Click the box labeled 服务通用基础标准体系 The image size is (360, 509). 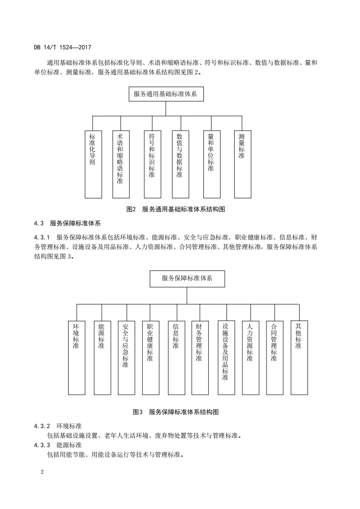click(x=166, y=94)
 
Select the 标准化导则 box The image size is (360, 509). click(x=93, y=164)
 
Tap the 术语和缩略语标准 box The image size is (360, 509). click(x=121, y=164)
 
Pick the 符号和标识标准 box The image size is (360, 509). click(x=153, y=164)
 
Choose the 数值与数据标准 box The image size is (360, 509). click(x=180, y=164)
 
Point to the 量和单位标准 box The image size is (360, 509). click(x=212, y=164)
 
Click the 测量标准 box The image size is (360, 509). click(x=243, y=164)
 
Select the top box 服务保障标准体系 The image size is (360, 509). click(x=187, y=279)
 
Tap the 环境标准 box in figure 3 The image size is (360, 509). click(x=77, y=358)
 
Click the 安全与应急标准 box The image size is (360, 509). click(x=126, y=358)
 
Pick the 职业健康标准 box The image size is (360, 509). click(x=151, y=358)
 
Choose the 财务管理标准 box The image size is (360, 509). click(x=200, y=358)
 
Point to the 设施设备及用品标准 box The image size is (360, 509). click(x=227, y=358)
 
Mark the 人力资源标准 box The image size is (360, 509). click(x=251, y=358)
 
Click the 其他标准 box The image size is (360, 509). click(x=299, y=358)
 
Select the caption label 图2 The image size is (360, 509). click(x=131, y=210)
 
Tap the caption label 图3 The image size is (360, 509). click(x=138, y=412)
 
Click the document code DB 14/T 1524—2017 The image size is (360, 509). click(x=62, y=47)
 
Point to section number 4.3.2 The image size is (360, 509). click(x=42, y=426)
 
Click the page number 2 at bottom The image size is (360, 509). click(x=42, y=472)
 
